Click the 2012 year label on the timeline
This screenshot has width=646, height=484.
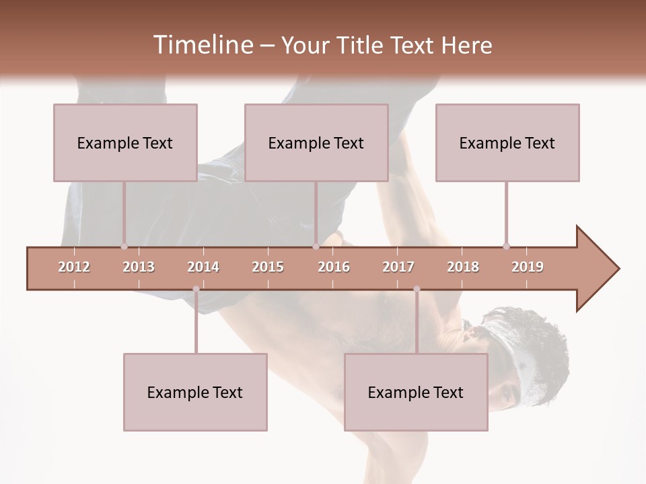click(x=74, y=267)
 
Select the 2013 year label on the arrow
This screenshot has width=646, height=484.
click(x=139, y=267)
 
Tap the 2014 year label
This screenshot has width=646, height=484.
click(x=203, y=267)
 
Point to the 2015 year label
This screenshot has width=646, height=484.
click(x=268, y=267)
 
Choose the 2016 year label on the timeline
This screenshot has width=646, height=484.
click(x=334, y=267)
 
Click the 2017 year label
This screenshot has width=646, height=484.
click(x=398, y=267)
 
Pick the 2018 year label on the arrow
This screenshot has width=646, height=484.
click(x=463, y=267)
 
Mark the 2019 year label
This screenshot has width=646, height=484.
click(x=528, y=267)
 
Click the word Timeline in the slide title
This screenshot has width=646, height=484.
click(x=202, y=45)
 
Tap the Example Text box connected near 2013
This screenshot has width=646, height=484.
click(x=125, y=143)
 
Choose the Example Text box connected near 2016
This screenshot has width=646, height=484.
click(x=316, y=143)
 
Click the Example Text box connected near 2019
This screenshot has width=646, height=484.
click(x=507, y=143)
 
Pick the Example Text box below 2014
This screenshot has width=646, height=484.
click(x=195, y=392)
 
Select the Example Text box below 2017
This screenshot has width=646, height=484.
click(x=416, y=392)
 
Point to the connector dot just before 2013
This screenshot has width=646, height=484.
click(x=124, y=247)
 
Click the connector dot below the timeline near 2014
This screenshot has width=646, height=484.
click(x=196, y=289)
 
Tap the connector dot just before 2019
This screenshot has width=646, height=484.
click(x=506, y=246)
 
